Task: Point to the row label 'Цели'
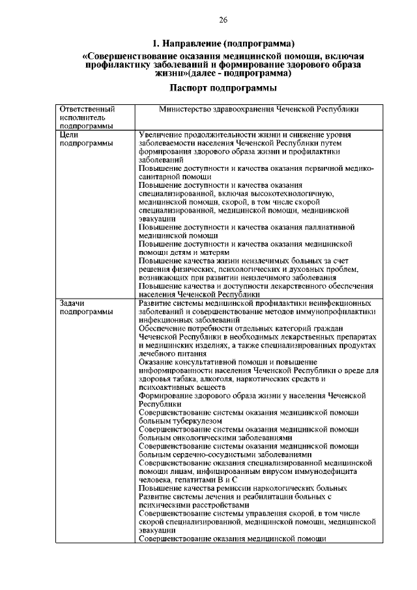coord(68,134)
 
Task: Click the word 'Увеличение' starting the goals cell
coord(162,134)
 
